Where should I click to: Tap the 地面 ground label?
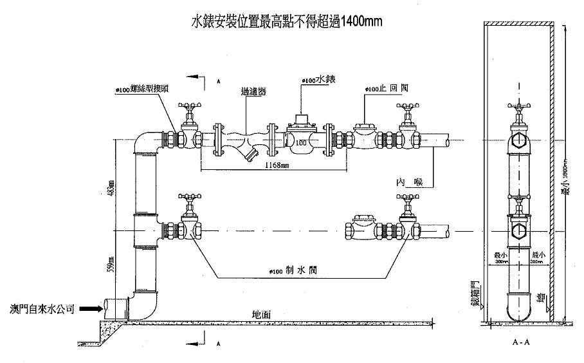click(x=262, y=314)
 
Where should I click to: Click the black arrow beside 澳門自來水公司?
click(x=89, y=309)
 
